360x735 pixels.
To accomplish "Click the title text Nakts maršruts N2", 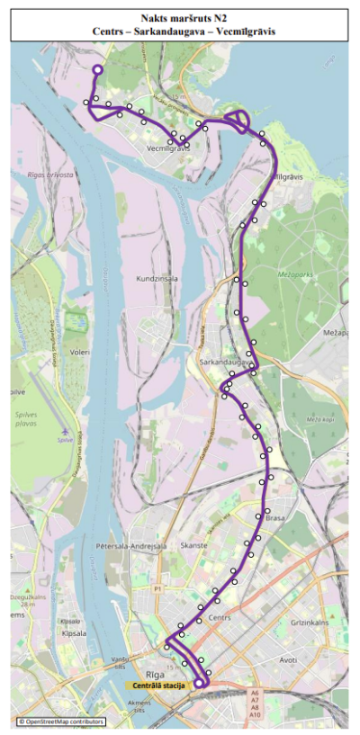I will tap(179, 17).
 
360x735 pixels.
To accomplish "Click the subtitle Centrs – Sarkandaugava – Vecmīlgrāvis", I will tap(179, 31).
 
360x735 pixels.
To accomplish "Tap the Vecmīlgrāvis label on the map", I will tap(168, 148).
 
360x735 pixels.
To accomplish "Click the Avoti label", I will tap(288, 659).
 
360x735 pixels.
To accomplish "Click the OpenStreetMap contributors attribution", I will tap(61, 722).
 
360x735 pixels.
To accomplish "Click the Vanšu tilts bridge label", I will tap(120, 662).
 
